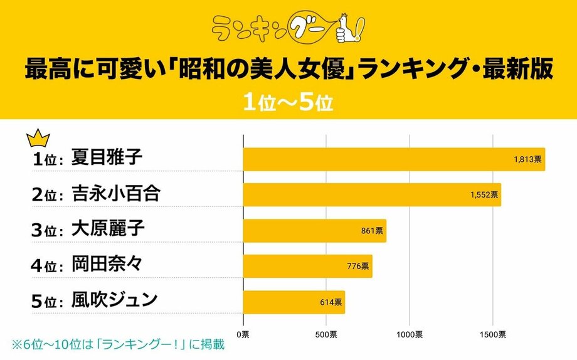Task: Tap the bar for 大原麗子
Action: pyautogui.click(x=314, y=231)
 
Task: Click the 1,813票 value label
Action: pyautogui.click(x=527, y=160)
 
